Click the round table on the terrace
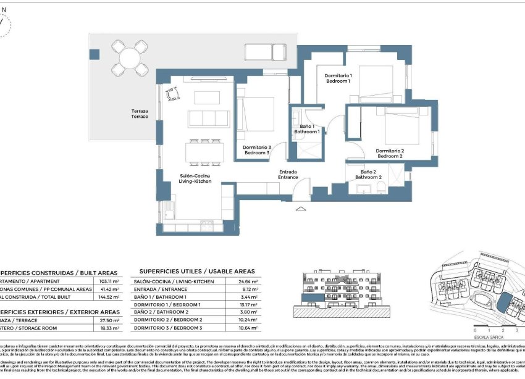pyautogui.click(x=130, y=59)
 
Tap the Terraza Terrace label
pyautogui.click(x=140, y=114)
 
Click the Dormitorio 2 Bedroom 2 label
pyautogui.click(x=390, y=154)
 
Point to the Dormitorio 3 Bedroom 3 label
pyautogui.click(x=256, y=150)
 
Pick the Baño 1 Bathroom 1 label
pyautogui.click(x=306, y=129)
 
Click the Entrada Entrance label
pyautogui.click(x=288, y=175)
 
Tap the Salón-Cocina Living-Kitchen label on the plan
pyautogui.click(x=196, y=178)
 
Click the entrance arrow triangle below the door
pyautogui.click(x=300, y=209)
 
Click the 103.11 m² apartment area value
pyautogui.click(x=109, y=281)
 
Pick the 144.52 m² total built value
pyautogui.click(x=109, y=297)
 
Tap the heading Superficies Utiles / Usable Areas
pyautogui.click(x=197, y=271)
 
